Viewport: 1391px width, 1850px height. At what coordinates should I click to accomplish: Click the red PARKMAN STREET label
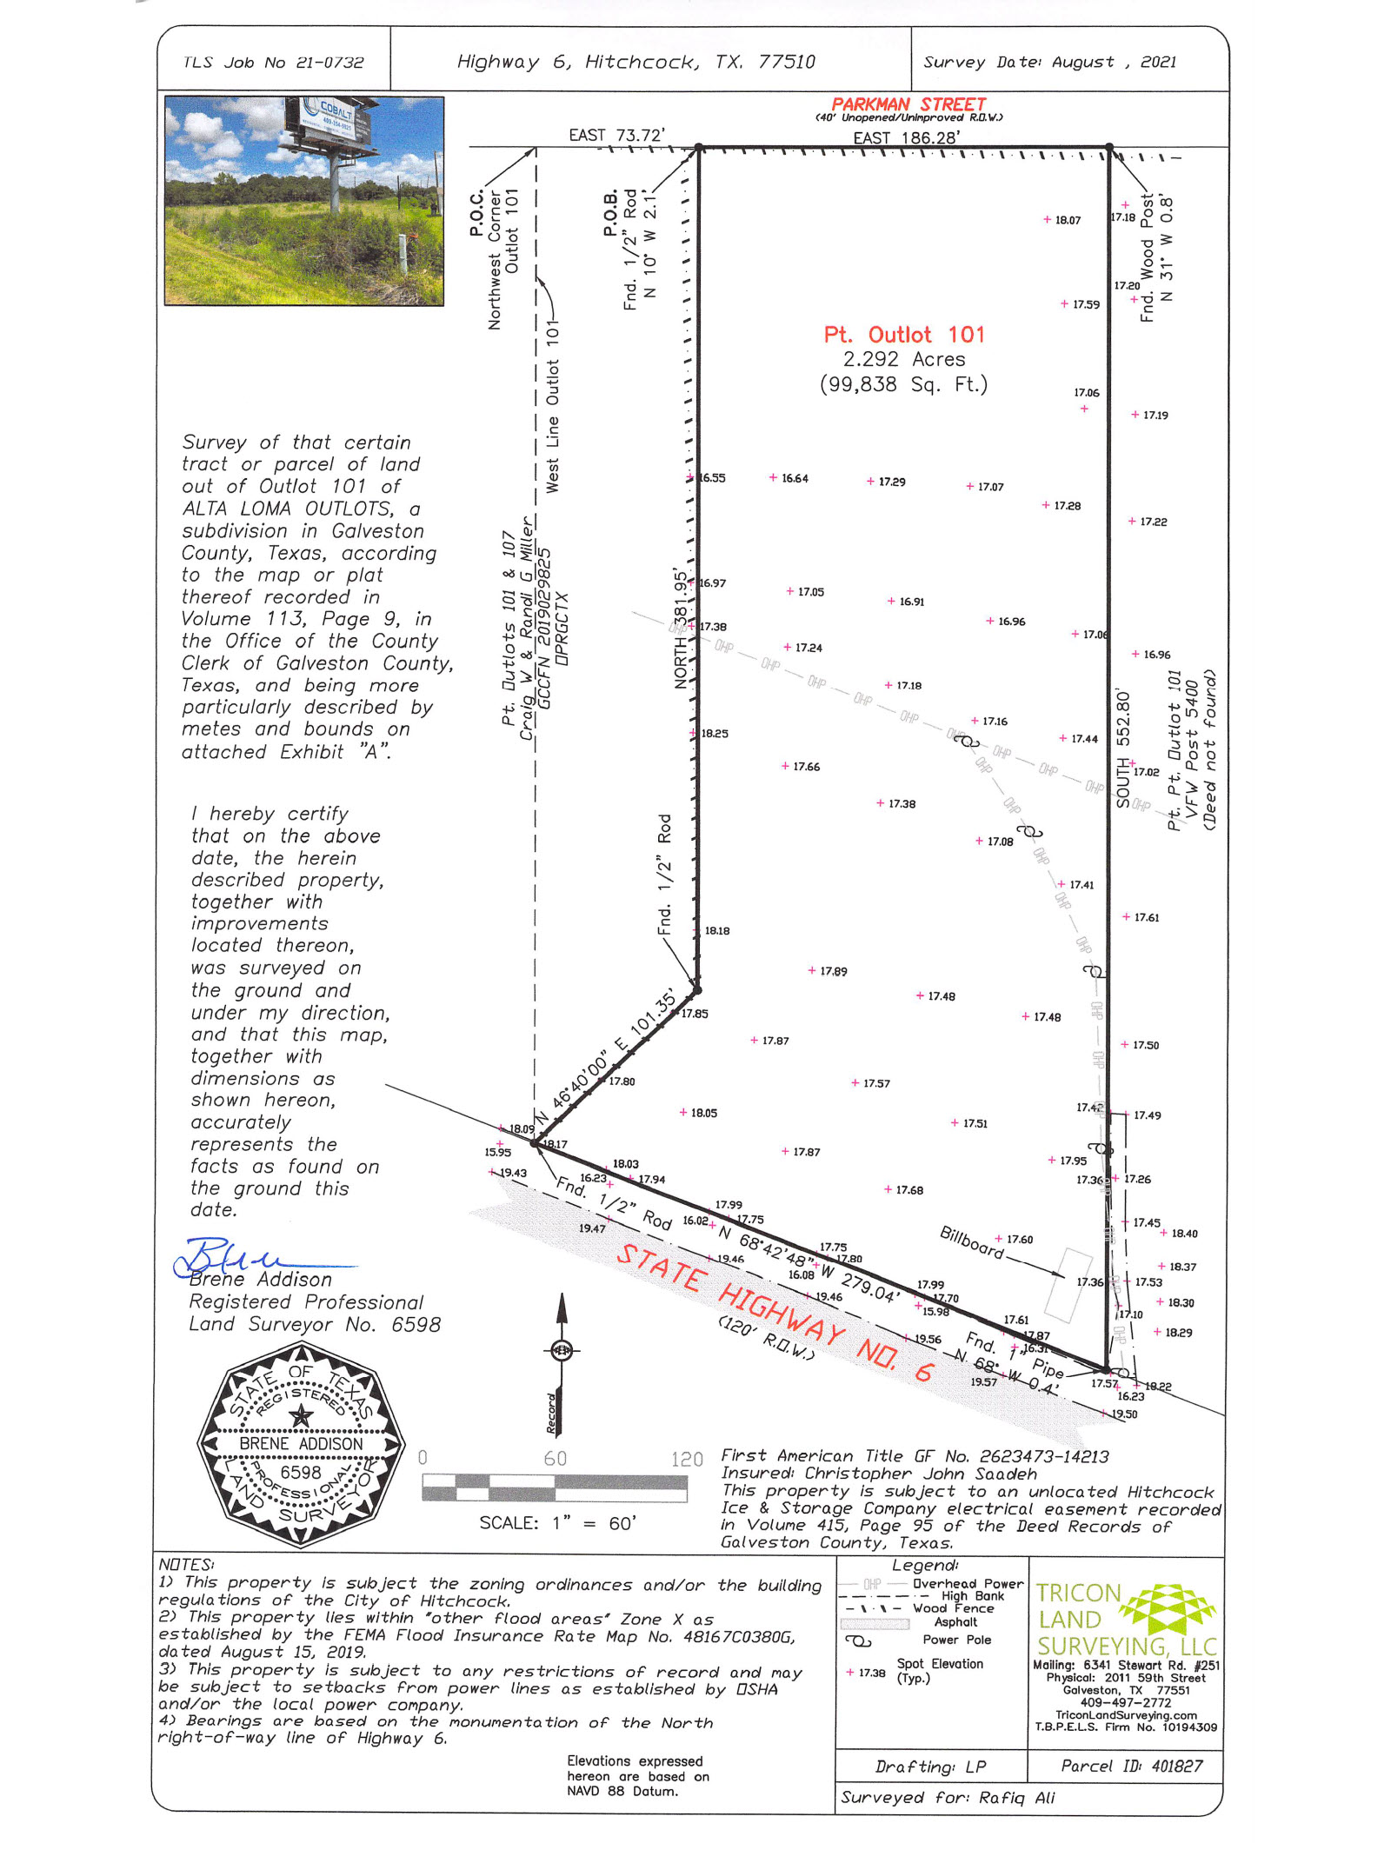pos(908,104)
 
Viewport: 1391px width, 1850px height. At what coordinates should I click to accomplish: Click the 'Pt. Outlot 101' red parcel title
pos(904,335)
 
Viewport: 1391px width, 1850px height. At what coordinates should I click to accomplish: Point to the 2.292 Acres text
pos(904,359)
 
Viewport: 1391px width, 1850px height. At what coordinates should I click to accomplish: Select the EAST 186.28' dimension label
pos(907,137)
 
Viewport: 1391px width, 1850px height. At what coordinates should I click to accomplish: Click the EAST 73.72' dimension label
pos(616,135)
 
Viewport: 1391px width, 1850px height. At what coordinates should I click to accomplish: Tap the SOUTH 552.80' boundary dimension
pos(1123,749)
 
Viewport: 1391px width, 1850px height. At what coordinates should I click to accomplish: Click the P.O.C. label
pos(476,214)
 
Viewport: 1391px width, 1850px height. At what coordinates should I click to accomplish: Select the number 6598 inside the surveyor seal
pos(301,1472)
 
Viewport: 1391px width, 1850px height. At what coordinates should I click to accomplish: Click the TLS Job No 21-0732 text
pos(273,63)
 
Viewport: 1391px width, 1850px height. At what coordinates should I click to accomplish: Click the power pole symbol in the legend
pos(858,1640)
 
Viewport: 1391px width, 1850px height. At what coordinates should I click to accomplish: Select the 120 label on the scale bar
pos(686,1459)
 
